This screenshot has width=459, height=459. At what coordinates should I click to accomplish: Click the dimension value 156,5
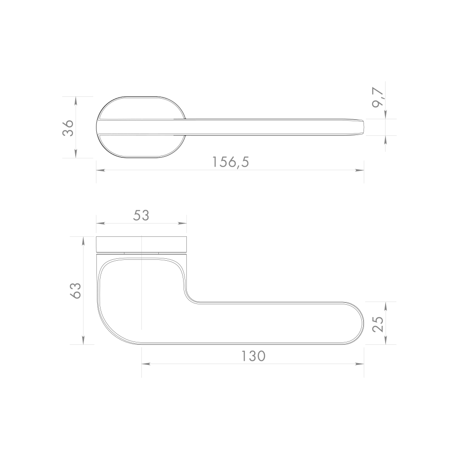click(230, 162)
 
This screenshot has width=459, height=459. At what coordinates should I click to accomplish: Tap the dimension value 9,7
click(379, 98)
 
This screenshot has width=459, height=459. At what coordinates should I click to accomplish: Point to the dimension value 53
click(141, 215)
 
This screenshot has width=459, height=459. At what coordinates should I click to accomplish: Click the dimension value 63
click(75, 290)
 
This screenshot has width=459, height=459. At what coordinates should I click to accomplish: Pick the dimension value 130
click(253, 356)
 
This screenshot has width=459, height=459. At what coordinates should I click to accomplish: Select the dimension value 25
click(378, 323)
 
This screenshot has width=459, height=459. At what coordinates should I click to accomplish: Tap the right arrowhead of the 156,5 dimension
click(361, 170)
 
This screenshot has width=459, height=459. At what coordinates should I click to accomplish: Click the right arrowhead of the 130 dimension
click(361, 364)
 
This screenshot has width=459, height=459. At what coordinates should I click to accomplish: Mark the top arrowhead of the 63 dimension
click(83, 240)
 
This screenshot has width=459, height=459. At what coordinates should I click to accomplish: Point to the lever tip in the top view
click(364, 128)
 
